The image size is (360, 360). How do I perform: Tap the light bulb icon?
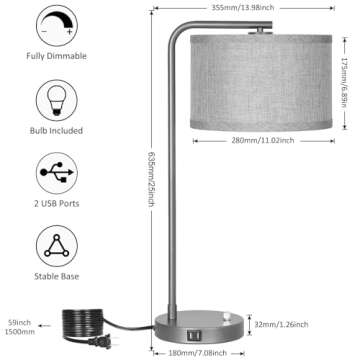click(x=56, y=102)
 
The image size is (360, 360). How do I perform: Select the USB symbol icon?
click(x=56, y=173)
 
